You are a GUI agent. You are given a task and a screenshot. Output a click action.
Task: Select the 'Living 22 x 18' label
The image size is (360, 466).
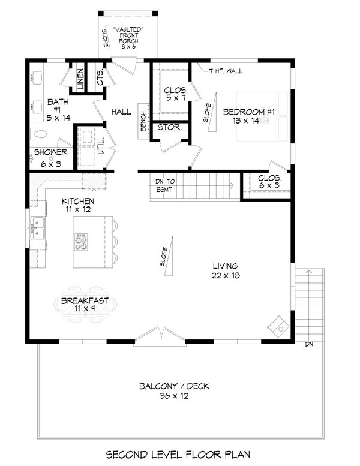(225, 271)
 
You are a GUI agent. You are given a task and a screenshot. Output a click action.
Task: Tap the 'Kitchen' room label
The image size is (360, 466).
(79, 206)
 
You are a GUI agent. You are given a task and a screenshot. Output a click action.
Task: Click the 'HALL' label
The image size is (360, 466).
(121, 112)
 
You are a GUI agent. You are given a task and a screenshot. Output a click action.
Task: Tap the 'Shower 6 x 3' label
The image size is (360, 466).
(50, 157)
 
